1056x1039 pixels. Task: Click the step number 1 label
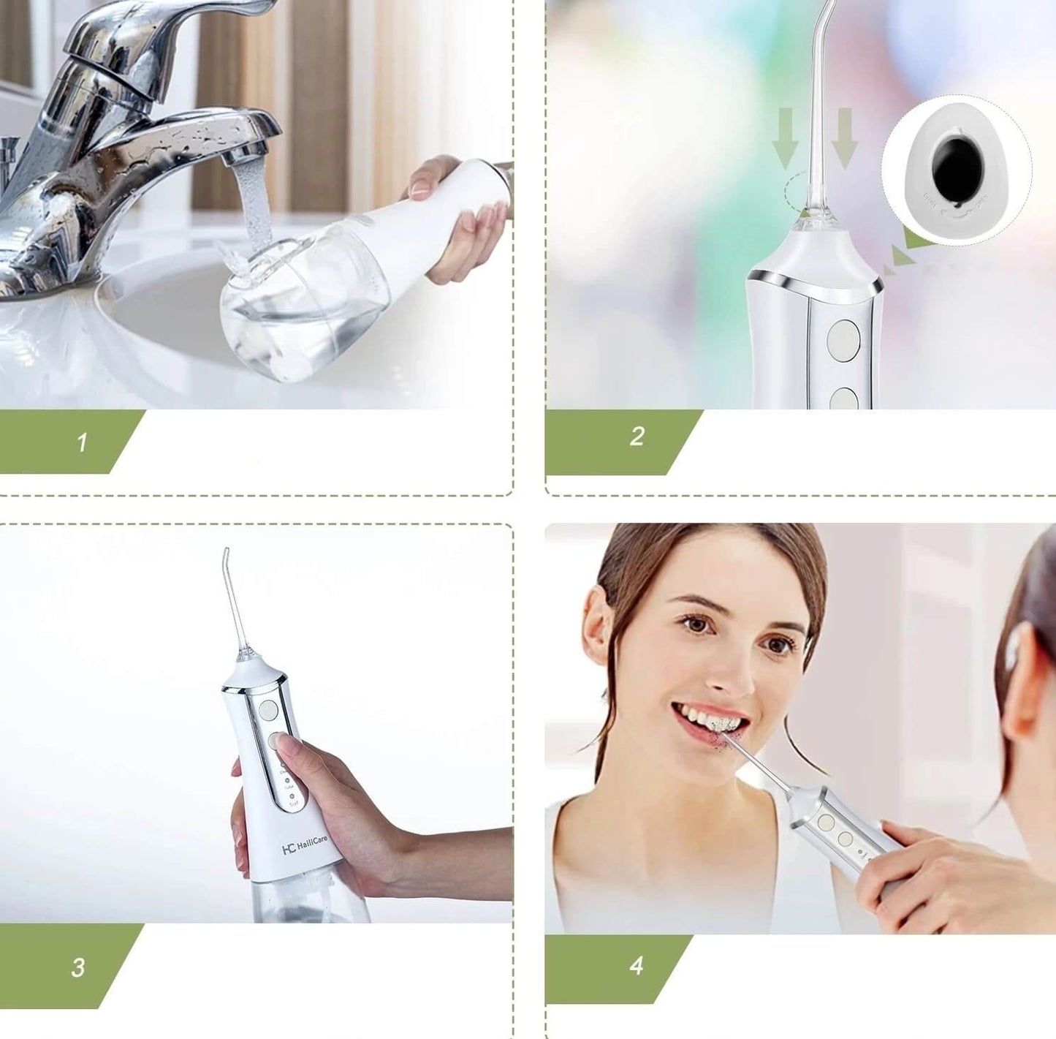click(x=82, y=442)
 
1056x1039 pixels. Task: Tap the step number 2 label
click(x=637, y=437)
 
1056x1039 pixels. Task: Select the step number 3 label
click(x=78, y=967)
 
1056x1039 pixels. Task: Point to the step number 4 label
click(x=636, y=965)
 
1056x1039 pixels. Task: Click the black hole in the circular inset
click(x=959, y=169)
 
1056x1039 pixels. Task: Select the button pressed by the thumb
click(x=278, y=740)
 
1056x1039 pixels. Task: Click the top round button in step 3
click(x=269, y=709)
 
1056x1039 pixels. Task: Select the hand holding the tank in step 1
click(x=460, y=219)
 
